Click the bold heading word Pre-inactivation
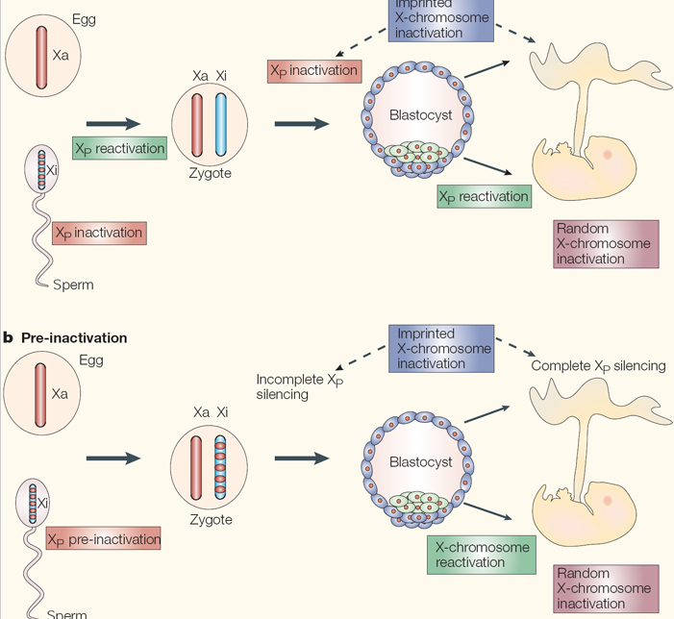click(x=74, y=338)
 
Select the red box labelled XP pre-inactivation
click(x=104, y=539)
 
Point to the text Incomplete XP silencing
click(x=299, y=386)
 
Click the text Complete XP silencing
click(x=598, y=366)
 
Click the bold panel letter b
click(x=8, y=338)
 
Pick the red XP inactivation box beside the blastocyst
click(x=313, y=70)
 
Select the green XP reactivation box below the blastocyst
click(x=483, y=196)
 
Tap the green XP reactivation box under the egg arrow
click(x=119, y=149)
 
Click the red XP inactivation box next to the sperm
click(x=98, y=233)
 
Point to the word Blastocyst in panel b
click(x=420, y=462)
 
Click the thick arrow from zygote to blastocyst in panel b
click(x=300, y=458)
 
